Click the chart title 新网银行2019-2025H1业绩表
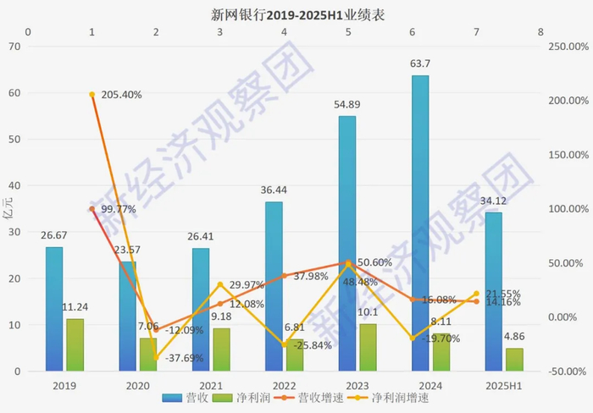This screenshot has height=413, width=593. click(x=296, y=14)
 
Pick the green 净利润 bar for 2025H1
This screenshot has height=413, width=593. click(x=514, y=359)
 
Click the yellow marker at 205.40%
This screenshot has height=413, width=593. click(x=91, y=94)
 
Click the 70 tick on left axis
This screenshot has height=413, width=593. click(x=13, y=47)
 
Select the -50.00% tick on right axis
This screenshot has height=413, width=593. click(x=563, y=372)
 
